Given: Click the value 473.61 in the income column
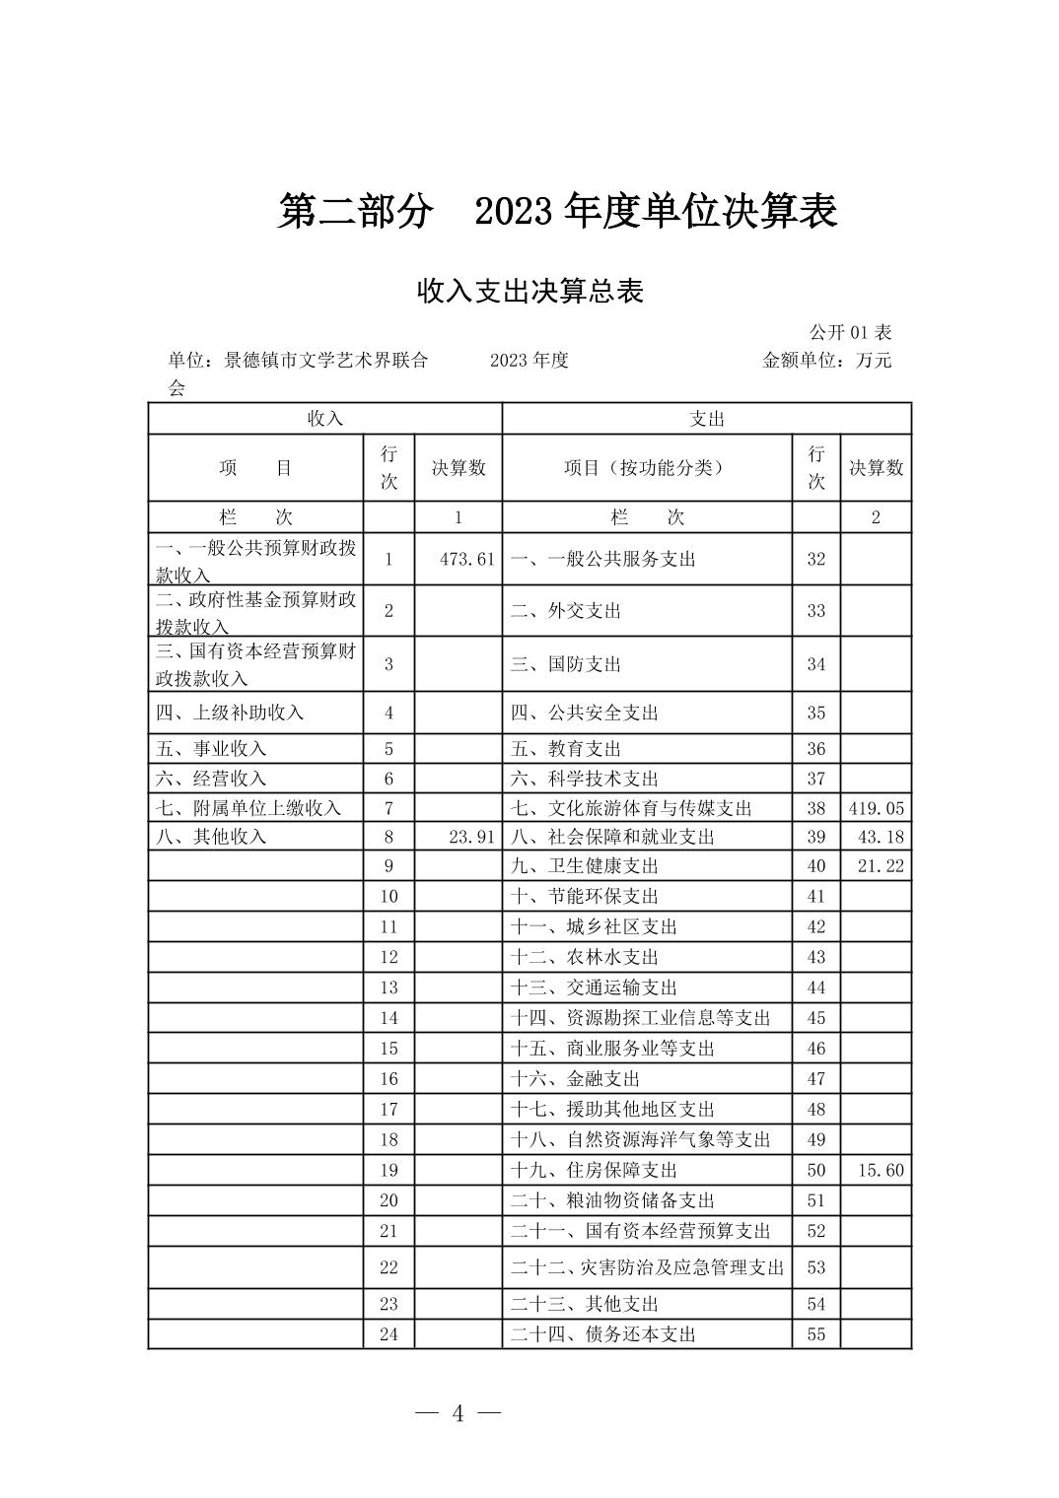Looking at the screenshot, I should (466, 559).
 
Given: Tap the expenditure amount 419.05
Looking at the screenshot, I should (876, 808).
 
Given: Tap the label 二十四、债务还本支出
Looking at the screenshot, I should (603, 1334).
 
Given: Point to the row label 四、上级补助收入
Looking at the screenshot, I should (230, 713).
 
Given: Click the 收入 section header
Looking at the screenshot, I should (324, 419).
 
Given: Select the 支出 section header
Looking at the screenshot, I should (707, 419).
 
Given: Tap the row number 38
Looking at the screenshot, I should (815, 808).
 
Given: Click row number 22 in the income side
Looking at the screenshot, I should (388, 1267).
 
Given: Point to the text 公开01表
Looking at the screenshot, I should (850, 333).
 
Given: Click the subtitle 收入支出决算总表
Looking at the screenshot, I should (529, 292).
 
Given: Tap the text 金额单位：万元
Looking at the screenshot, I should (826, 361).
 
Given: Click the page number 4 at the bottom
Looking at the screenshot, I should (458, 1414).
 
